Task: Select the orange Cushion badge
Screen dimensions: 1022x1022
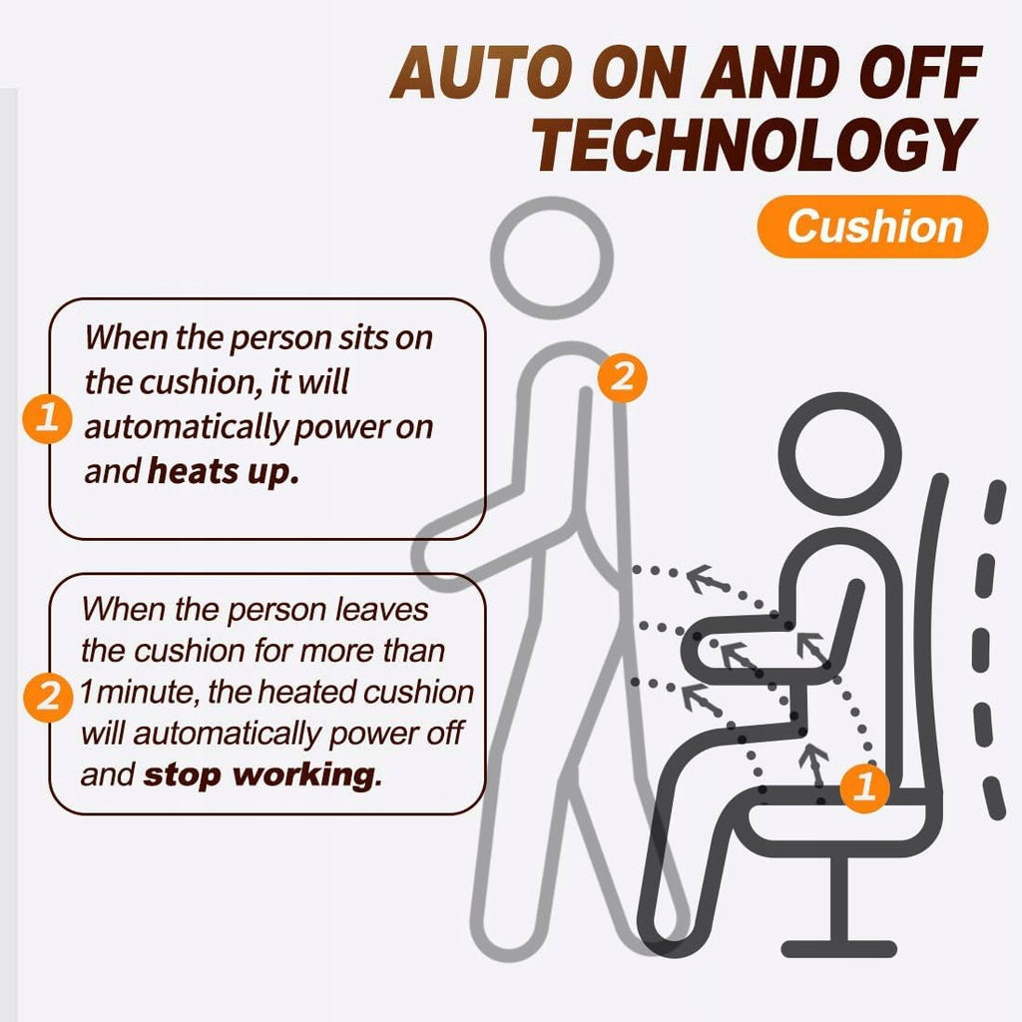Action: [x=872, y=227]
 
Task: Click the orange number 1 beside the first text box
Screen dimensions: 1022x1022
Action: [x=47, y=418]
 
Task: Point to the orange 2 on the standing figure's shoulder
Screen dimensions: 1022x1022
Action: [x=623, y=376]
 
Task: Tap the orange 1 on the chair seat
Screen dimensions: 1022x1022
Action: [x=865, y=786]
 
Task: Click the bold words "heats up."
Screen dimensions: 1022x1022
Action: [x=224, y=471]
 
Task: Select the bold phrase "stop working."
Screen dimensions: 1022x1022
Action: [x=262, y=774]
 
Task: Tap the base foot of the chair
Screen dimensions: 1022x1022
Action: [x=838, y=948]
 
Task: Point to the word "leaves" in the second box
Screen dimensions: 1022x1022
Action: [x=382, y=610]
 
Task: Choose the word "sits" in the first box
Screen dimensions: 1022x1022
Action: [x=363, y=337]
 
